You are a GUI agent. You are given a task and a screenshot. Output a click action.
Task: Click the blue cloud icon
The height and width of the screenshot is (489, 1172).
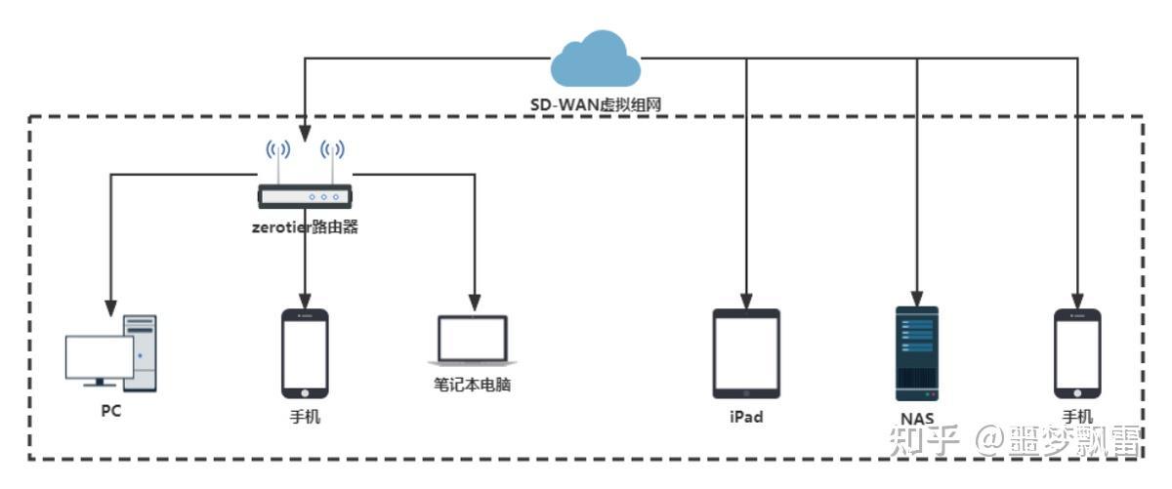[596, 60]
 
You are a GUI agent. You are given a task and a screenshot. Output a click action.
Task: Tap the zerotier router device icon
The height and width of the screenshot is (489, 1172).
[305, 195]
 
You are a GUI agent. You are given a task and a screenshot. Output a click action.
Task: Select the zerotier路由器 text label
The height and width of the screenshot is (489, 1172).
[306, 227]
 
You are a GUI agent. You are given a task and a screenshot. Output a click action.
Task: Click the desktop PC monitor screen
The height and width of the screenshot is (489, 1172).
[99, 357]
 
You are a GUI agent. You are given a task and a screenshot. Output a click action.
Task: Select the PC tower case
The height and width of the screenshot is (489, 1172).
[140, 352]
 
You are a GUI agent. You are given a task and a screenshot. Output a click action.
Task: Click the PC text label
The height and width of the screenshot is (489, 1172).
[111, 411]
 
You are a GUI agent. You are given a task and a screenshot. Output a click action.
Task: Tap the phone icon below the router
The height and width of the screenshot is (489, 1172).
[305, 353]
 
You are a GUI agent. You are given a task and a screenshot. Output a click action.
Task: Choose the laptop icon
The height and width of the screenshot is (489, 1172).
[473, 341]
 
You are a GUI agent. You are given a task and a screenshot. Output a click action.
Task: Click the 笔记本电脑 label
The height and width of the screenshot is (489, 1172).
[473, 385]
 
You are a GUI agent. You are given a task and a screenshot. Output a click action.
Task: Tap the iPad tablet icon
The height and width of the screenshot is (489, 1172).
[746, 353]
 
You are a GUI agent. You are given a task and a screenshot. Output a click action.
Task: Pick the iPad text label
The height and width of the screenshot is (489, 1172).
[746, 417]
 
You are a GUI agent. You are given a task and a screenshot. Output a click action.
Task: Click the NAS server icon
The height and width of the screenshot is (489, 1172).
[917, 352]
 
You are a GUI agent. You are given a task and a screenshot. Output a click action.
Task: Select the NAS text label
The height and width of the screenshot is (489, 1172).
[917, 420]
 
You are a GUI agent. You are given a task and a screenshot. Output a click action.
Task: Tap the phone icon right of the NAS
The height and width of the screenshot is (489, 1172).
[1078, 353]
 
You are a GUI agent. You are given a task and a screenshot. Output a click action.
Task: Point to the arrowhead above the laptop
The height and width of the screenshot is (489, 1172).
[475, 299]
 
